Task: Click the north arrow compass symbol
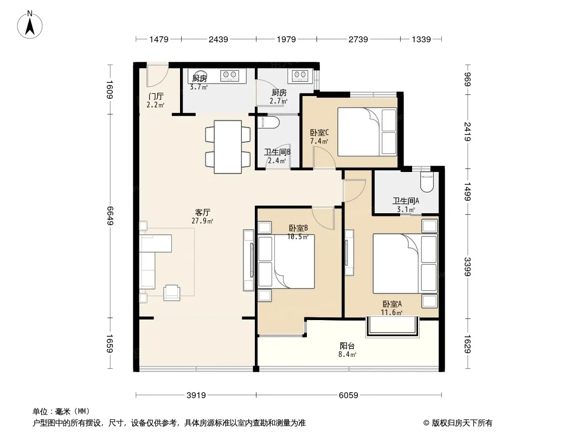pyautogui.click(x=30, y=24)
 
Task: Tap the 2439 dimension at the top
pyautogui.click(x=218, y=39)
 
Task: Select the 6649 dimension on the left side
pyautogui.click(x=110, y=216)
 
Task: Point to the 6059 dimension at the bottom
pyautogui.click(x=348, y=395)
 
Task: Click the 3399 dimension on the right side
pyautogui.click(x=467, y=266)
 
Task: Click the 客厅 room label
pyautogui.click(x=203, y=213)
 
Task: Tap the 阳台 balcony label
pyautogui.click(x=347, y=346)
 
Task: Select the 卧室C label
pyautogui.click(x=319, y=133)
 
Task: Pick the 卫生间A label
pyautogui.click(x=406, y=201)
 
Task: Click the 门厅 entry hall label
pyautogui.click(x=156, y=97)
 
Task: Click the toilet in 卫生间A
pyautogui.click(x=427, y=182)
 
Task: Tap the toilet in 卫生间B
pyautogui.click(x=269, y=123)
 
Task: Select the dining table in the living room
pyautogui.click(x=228, y=146)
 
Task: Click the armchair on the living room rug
pyautogui.click(x=172, y=292)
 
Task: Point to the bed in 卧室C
pyautogui.click(x=367, y=132)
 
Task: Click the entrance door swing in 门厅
pyautogui.click(x=157, y=75)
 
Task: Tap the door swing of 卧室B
pyautogui.click(x=323, y=218)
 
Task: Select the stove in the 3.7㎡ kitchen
pyautogui.click(x=229, y=75)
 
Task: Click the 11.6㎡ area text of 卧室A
pyautogui.click(x=391, y=312)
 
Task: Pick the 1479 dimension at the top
pyautogui.click(x=159, y=39)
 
